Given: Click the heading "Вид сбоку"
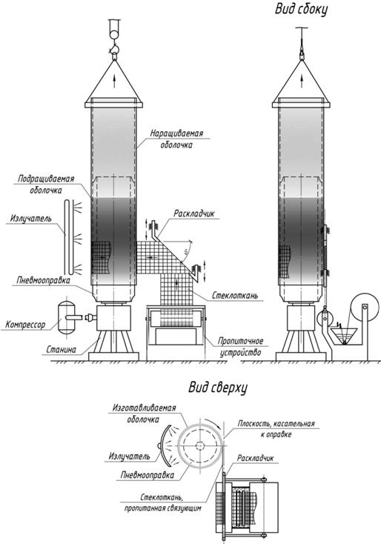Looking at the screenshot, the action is tap(301, 10).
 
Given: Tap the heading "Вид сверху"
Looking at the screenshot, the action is tap(218, 387).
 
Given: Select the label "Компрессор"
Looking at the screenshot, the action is tap(25, 325).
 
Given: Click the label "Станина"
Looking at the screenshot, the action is tap(61, 349).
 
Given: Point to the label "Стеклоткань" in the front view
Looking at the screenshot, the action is tap(235, 296).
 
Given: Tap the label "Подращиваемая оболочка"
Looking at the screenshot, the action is tap(46, 185).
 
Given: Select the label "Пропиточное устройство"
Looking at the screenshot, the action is tap(240, 347).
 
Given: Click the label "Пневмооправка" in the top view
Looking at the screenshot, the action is tap(147, 474).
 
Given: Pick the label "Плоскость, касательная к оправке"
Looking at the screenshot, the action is tap(276, 429).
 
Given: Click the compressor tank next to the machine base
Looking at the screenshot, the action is tap(66, 318).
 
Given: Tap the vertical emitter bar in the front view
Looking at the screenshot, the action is tap(67, 237).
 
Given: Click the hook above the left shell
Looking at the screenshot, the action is tap(114, 50).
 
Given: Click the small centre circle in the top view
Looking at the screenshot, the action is tap(199, 445).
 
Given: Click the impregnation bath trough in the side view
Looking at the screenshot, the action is tap(343, 336).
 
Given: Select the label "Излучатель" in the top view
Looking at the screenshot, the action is tap(129, 457).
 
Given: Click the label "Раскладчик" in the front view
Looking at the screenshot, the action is tap(194, 213).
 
